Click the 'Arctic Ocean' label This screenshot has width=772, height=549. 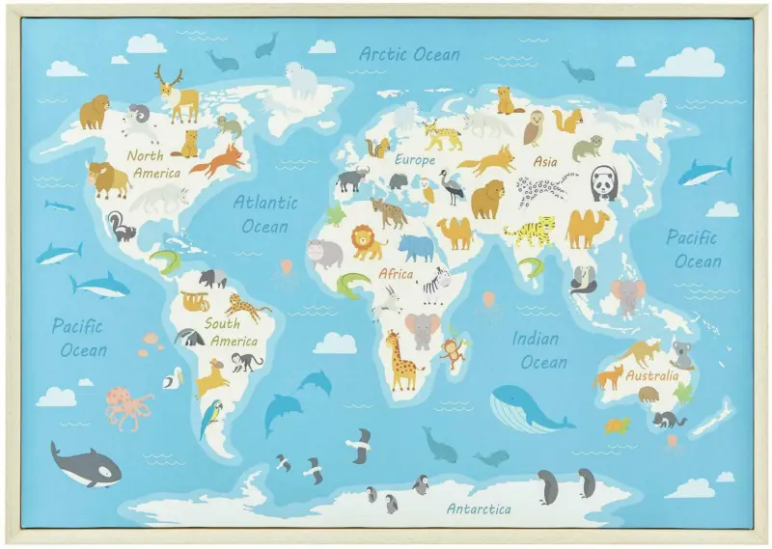(409, 54)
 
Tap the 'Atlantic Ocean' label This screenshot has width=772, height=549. (264, 214)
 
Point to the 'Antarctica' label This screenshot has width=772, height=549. (479, 508)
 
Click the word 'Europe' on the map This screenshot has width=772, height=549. (415, 160)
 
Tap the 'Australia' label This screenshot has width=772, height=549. (652, 375)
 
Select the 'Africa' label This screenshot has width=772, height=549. (396, 274)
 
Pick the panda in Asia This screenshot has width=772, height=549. (604, 182)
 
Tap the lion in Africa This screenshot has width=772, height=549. (367, 241)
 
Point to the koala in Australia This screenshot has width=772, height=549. (682, 354)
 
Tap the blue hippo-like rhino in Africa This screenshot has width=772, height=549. (416, 248)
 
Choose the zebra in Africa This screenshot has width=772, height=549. (435, 285)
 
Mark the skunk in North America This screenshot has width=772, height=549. (121, 227)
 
